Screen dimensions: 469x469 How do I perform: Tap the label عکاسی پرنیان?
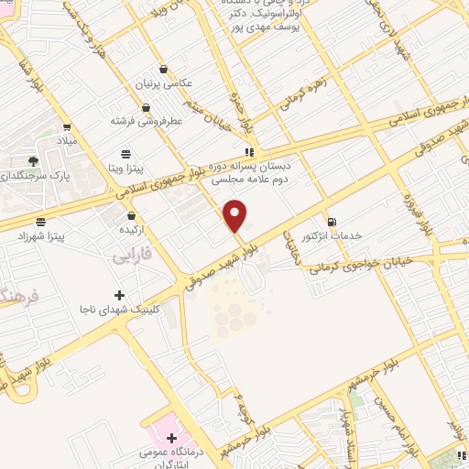coord(168,82)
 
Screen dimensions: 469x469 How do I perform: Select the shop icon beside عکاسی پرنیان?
coord(162,68)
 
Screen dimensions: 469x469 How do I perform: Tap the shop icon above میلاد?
coord(67,127)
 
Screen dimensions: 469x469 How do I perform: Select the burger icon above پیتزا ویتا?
coord(125,153)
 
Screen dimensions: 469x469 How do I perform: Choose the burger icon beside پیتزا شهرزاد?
coord(40,221)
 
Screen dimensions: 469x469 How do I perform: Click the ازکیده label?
coord(142,228)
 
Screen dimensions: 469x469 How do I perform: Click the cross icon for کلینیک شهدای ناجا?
coord(119,295)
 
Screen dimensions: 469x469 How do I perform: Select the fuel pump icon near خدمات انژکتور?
coord(332,221)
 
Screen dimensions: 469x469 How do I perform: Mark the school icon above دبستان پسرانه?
coord(248,152)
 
